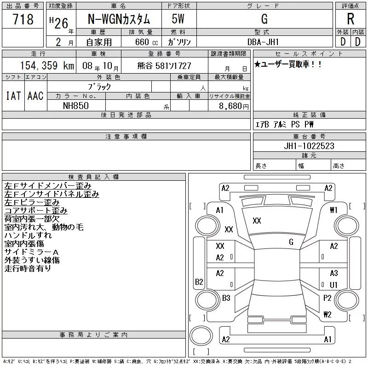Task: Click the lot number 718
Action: click(23, 19)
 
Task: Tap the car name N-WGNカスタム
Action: click(119, 19)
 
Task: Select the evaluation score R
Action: click(351, 19)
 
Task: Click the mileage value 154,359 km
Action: click(47, 66)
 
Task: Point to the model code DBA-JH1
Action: click(263, 42)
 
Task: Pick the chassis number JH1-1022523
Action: click(309, 146)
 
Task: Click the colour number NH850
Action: click(76, 106)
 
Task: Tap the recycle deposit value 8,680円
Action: click(234, 106)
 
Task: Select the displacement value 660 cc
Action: click(146, 42)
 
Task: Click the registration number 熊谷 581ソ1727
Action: click(164, 66)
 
